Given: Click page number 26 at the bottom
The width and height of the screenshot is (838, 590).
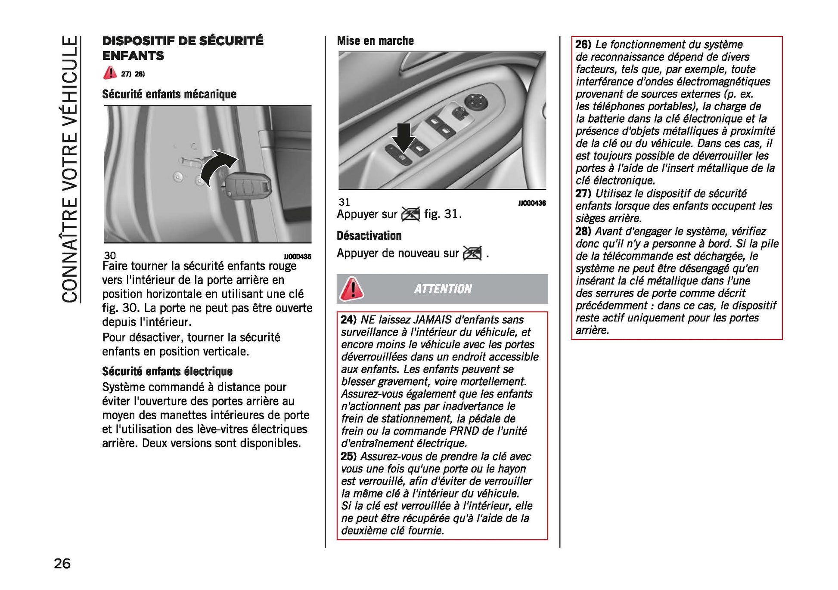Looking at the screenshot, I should click(x=62, y=563).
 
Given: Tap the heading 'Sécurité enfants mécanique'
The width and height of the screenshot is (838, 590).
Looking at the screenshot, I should click(x=169, y=94).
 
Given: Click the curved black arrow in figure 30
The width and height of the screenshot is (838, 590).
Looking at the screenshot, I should click(x=217, y=169).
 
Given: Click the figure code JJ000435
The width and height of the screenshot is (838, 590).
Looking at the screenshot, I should click(x=297, y=256).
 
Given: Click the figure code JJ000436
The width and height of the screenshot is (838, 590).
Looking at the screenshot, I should click(x=532, y=203).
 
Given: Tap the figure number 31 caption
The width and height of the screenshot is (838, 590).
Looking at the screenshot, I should click(x=345, y=202).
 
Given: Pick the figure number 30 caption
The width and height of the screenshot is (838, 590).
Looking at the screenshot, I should click(x=110, y=256).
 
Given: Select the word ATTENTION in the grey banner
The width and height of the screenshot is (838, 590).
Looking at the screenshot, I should click(x=443, y=289).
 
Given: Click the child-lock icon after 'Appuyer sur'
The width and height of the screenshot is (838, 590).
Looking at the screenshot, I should click(x=410, y=214).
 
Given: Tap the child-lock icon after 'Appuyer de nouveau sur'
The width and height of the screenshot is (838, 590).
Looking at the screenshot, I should click(x=472, y=253).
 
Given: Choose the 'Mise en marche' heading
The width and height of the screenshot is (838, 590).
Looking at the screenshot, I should click(x=375, y=41).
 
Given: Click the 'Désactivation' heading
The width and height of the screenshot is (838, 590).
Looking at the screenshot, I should click(x=369, y=236).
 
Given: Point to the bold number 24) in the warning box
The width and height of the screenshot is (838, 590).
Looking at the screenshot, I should click(x=348, y=320).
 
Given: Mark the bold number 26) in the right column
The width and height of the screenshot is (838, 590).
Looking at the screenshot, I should click(x=583, y=44).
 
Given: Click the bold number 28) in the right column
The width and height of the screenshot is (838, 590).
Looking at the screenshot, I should click(x=583, y=232).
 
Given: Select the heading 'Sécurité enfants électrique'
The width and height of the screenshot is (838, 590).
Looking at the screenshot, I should click(x=167, y=371).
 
